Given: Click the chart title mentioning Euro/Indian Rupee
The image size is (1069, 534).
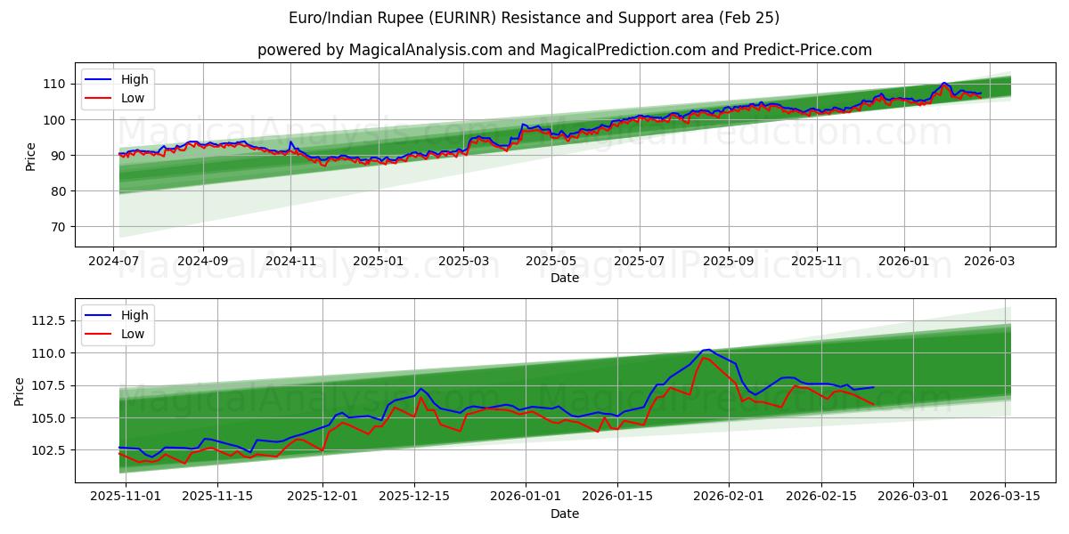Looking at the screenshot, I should pos(534,18).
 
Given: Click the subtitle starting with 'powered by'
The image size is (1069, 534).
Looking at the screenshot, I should pos(565,50).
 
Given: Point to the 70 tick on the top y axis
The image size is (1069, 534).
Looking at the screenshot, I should pos(57,227).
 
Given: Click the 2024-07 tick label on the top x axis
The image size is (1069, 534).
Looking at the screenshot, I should pos(114,262).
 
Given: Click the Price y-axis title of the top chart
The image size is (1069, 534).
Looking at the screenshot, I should pos(31,156).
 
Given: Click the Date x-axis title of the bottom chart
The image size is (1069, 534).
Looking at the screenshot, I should pos(565,514).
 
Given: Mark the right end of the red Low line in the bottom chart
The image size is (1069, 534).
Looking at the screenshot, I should pos(874,405).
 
